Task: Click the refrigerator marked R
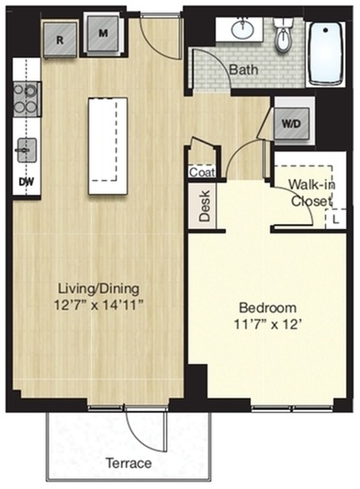pos(61,40)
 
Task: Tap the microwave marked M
pos(103,33)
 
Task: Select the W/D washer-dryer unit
pos(292,123)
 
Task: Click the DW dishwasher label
pos(27,181)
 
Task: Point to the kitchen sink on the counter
pos(27,151)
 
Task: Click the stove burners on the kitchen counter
pos(27,99)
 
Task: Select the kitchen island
pos(107,146)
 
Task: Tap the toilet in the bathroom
pos(284,34)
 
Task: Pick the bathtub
pos(326,54)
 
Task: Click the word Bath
pos(243,70)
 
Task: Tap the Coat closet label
pos(202,172)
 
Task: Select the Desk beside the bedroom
pos(205,206)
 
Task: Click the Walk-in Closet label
pos(311,193)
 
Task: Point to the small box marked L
pos(335,220)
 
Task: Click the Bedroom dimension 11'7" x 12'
pos(268,324)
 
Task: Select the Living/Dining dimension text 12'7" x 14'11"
pos(99,304)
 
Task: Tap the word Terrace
pos(129,463)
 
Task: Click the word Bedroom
pos(268,308)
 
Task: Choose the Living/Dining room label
pos(99,289)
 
